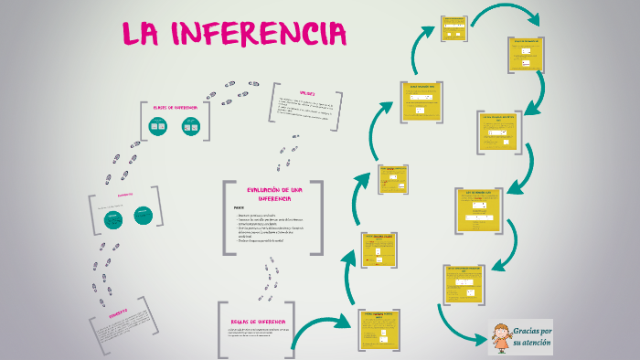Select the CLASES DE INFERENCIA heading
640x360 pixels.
coord(175,108)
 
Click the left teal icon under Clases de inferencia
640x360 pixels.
coord(158,127)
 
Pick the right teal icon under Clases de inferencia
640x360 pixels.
coord(190,127)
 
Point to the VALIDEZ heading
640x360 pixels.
coord(307,92)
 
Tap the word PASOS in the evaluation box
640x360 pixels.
coord(239,207)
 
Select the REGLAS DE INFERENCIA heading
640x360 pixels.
coord(259,322)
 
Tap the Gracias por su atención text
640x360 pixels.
coord(531,335)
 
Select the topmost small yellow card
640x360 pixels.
coord(453,28)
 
